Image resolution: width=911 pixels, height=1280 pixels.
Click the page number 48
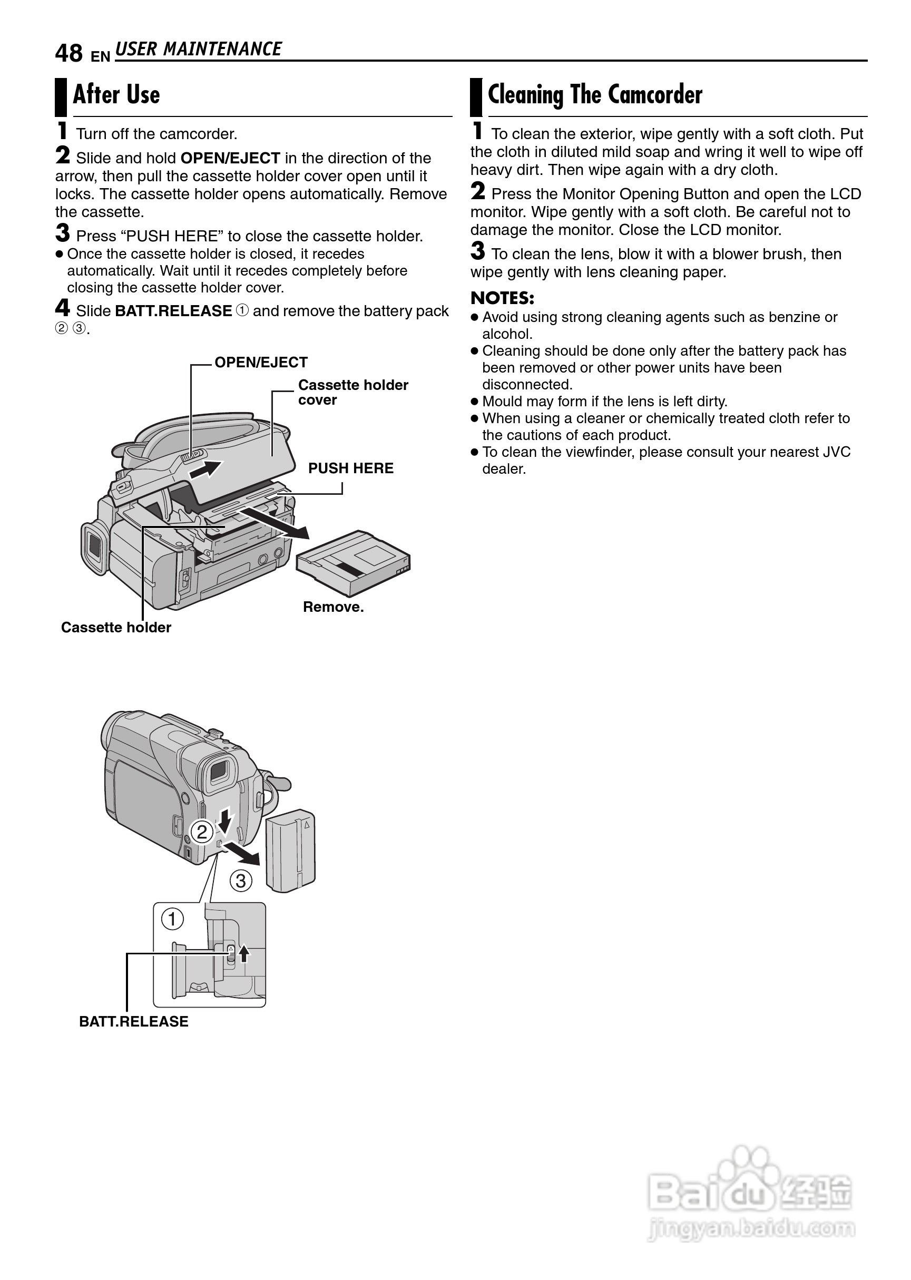68,54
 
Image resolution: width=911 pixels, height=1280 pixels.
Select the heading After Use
116,95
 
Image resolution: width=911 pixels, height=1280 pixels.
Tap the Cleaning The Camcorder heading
595,95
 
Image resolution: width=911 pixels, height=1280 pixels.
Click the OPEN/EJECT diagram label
261,363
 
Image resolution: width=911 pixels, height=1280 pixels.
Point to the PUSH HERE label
350,468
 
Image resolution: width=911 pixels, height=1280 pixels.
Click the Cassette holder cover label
353,392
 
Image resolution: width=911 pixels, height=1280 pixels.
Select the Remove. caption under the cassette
333,607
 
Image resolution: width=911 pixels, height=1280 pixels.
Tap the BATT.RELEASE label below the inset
133,1021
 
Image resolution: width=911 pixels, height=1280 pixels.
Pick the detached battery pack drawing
290,851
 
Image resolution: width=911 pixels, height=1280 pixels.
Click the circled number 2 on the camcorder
202,831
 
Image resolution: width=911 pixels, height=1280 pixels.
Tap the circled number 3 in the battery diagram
241,881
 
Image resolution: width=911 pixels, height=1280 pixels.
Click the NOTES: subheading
502,298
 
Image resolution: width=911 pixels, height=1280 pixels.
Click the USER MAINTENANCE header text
198,50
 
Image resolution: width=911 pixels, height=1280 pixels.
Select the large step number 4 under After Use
62,308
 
